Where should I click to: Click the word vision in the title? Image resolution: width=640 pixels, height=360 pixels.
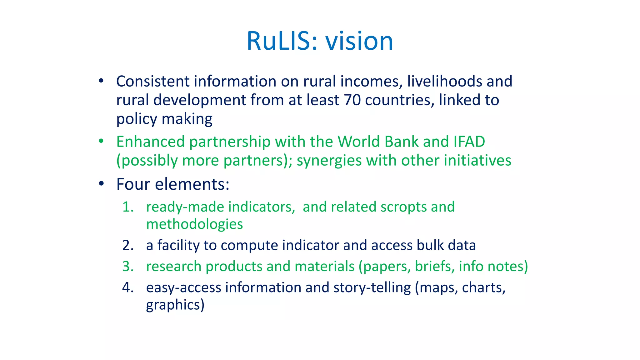359,41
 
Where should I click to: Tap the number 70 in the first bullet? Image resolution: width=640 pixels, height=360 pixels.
352,100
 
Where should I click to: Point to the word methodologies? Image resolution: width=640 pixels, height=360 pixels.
194,224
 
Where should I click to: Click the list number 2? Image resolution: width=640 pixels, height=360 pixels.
127,245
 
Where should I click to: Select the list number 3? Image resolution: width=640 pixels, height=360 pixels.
127,267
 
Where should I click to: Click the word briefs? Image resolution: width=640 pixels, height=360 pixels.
434,267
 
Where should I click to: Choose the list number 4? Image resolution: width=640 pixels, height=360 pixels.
127,287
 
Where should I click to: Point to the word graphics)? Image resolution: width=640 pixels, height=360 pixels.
175,305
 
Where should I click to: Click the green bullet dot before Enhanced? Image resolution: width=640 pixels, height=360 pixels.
101,141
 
